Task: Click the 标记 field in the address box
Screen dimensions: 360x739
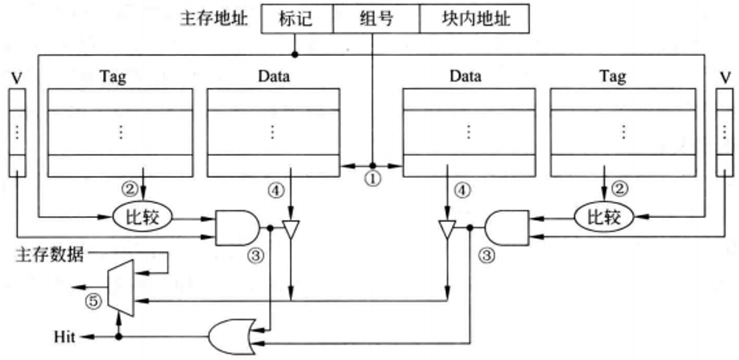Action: point(295,20)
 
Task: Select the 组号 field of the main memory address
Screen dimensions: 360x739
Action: point(375,20)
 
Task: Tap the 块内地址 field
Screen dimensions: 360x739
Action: point(475,20)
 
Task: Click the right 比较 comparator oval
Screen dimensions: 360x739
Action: point(603,216)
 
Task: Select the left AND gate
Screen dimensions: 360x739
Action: point(238,227)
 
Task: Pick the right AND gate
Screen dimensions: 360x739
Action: point(505,227)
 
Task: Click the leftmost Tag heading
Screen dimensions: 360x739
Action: point(113,77)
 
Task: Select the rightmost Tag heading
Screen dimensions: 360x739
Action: point(613,77)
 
